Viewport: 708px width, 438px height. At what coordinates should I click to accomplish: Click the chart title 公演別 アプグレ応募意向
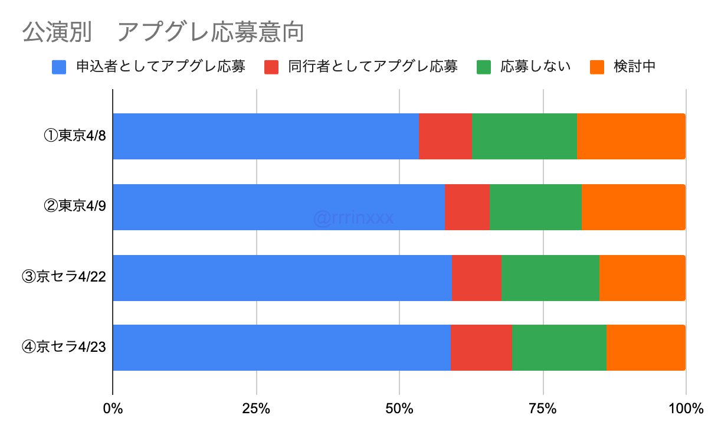click(163, 32)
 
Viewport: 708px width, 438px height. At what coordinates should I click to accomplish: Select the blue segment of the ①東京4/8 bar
click(265, 136)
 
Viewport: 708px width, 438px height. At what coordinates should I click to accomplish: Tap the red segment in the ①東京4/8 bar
click(445, 136)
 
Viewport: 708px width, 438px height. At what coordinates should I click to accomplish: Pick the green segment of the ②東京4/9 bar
click(535, 207)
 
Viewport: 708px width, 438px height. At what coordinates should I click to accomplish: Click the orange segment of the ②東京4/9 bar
click(633, 207)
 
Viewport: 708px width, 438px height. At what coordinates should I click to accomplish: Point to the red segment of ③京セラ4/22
click(476, 278)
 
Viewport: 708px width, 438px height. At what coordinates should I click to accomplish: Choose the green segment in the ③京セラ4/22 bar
click(550, 278)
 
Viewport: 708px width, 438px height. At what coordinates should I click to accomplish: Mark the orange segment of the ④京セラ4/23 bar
click(645, 348)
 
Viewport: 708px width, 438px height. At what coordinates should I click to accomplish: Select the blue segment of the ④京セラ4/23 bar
click(281, 348)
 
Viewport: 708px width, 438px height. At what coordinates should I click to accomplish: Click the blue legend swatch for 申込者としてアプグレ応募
click(59, 67)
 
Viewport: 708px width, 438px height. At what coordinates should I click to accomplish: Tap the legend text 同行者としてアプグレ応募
click(372, 67)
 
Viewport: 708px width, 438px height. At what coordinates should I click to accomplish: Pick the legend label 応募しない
click(535, 67)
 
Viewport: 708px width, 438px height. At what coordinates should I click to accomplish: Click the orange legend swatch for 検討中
click(597, 67)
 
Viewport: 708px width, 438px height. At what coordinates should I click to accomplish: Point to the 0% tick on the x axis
click(112, 408)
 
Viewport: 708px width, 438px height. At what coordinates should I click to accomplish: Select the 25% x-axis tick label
click(256, 408)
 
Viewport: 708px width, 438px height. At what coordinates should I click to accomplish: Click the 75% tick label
click(543, 408)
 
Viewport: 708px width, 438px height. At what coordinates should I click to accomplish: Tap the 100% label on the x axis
click(686, 408)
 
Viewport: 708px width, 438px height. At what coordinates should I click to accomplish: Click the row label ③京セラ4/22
click(63, 278)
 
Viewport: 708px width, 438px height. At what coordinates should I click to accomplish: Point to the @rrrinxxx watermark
click(353, 218)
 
